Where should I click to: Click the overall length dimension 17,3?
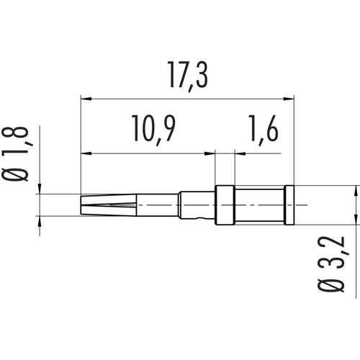[189, 74]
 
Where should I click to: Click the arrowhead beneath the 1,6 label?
[240, 153]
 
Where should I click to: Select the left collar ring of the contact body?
[225, 206]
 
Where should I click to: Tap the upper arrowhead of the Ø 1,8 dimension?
[38, 189]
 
